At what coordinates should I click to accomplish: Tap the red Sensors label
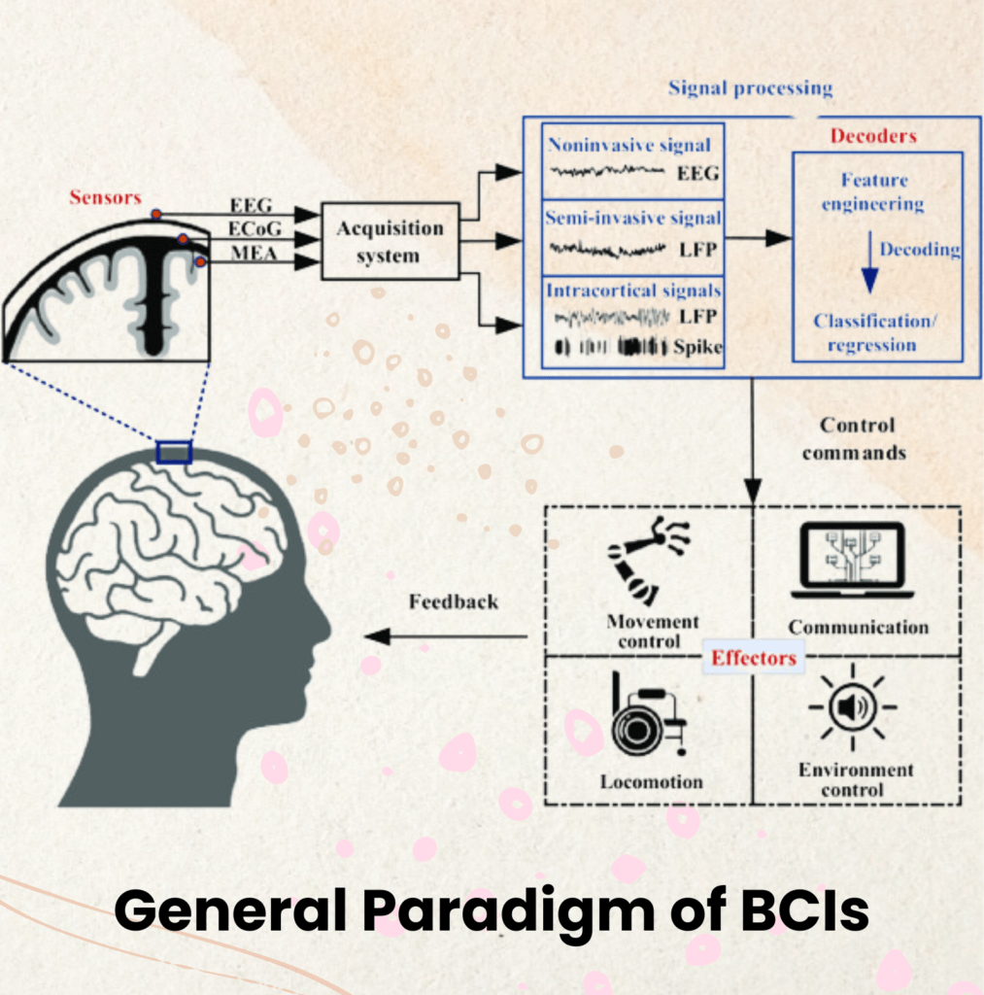pyautogui.click(x=105, y=198)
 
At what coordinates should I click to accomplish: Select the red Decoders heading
pyautogui.click(x=872, y=136)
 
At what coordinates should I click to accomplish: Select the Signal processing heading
pyautogui.click(x=750, y=88)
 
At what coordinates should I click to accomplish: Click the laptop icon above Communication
pyautogui.click(x=852, y=561)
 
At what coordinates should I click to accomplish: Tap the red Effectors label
pyautogui.click(x=754, y=658)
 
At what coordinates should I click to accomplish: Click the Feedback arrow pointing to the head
pyautogui.click(x=446, y=636)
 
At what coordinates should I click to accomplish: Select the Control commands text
pyautogui.click(x=857, y=438)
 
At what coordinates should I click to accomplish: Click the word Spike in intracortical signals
pyautogui.click(x=696, y=347)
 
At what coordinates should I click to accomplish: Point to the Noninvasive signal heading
pyautogui.click(x=629, y=146)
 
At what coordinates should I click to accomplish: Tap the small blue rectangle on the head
pyautogui.click(x=175, y=452)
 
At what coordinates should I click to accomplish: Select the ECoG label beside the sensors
pyautogui.click(x=249, y=226)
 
